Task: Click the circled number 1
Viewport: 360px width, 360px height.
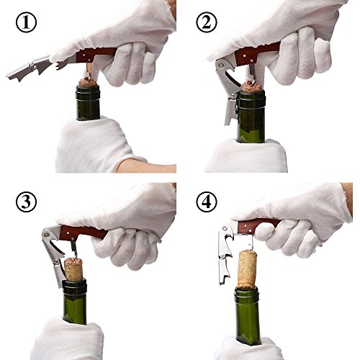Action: pos(26,22)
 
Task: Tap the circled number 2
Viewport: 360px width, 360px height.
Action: pos(207,22)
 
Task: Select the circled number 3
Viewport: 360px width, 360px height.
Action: pos(26,202)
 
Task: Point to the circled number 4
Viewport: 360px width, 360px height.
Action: pos(207,202)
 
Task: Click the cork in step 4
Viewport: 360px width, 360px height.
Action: pos(248,269)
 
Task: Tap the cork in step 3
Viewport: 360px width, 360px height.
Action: pos(73,269)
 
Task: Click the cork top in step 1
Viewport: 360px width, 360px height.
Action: pos(88,82)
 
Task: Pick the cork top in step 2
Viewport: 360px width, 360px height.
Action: pos(251,87)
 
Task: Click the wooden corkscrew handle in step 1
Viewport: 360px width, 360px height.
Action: pos(96,55)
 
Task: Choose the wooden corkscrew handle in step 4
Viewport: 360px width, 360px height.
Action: pos(259,225)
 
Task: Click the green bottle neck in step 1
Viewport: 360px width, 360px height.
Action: pos(88,103)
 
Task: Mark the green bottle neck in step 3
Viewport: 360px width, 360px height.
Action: pos(75,302)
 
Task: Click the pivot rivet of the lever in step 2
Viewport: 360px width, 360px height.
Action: pos(221,66)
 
